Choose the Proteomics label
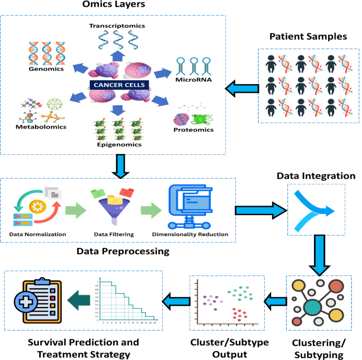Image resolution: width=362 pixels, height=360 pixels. coord(194,129)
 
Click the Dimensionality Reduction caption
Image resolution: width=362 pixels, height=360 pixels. coord(190,234)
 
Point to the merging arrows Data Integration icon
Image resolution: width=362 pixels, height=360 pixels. coord(316,210)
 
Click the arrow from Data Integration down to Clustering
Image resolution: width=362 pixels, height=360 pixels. coord(316,255)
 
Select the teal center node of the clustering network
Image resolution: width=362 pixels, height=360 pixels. coord(313,307)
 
